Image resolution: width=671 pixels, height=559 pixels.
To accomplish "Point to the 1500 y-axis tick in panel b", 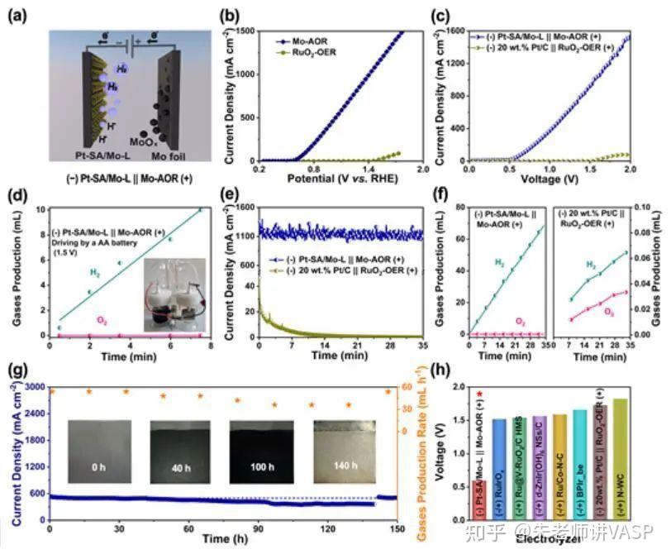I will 239,30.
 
